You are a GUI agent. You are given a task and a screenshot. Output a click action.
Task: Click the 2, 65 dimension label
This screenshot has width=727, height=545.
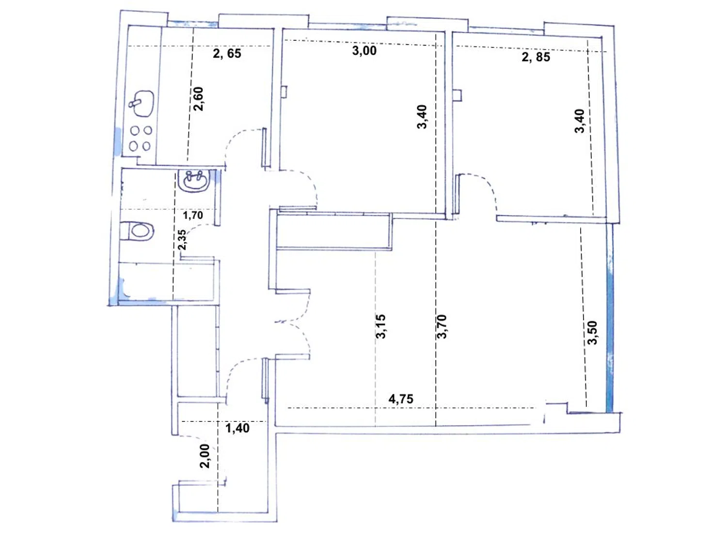tap(227, 53)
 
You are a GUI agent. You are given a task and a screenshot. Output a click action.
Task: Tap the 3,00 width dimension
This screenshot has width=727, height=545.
tap(364, 51)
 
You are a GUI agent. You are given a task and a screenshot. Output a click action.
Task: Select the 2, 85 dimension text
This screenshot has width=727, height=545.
tap(536, 57)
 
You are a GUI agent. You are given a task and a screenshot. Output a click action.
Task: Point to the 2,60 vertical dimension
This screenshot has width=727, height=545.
tap(198, 99)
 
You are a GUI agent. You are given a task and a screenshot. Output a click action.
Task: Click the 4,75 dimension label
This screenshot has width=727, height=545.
tap(401, 399)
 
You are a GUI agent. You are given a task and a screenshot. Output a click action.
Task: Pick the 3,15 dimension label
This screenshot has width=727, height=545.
tap(381, 326)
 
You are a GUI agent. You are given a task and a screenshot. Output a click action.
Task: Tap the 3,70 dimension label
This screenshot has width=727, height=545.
tap(442, 326)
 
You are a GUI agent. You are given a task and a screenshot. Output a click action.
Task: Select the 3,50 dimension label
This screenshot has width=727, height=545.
tap(592, 332)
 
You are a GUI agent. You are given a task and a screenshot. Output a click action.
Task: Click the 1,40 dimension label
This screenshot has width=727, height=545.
tap(237, 428)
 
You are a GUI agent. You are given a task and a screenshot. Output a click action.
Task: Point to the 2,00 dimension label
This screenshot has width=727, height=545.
tap(205, 456)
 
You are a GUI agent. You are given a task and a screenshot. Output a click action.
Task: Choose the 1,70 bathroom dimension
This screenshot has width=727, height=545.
tap(193, 216)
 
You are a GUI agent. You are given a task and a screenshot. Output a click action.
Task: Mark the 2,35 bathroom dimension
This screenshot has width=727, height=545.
tap(182, 240)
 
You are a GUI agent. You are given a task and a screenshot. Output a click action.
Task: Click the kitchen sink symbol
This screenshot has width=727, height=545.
tap(142, 103)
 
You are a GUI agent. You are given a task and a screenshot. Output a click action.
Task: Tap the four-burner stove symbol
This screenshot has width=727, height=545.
tap(141, 138)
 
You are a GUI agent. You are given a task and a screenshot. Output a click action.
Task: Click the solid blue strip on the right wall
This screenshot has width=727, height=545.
tap(609, 318)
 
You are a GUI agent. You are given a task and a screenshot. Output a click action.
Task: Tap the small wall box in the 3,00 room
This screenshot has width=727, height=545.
tap(284, 92)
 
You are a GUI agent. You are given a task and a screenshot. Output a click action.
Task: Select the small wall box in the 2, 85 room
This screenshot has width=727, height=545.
tap(458, 94)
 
